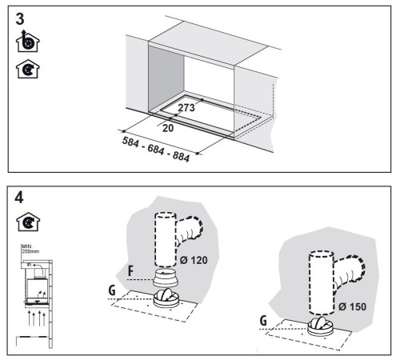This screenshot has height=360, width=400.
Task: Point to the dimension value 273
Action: pyautogui.click(x=186, y=106)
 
